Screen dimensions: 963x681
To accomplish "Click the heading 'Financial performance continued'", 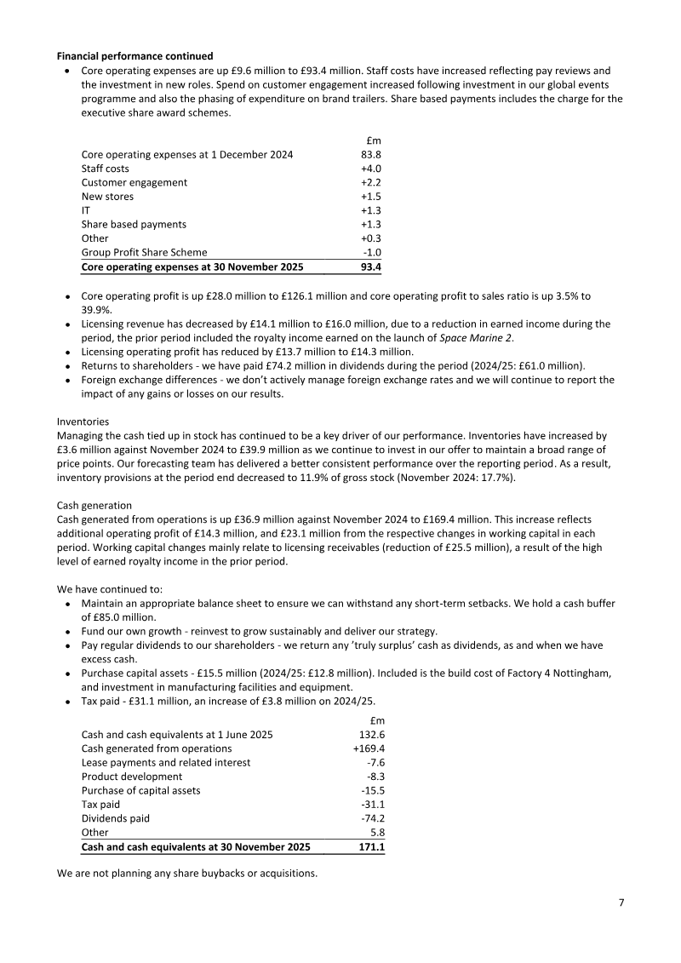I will pos(134,57).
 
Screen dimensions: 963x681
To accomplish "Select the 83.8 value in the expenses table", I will pos(370,155).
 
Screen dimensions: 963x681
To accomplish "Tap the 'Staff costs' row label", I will pos(106,169).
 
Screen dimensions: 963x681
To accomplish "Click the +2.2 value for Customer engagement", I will pos(370,182).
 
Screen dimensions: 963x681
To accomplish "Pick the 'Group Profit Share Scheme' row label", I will pos(144,252).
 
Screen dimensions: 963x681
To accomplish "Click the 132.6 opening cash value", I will pos(371,735).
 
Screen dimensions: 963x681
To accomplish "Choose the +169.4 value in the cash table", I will pos(369,748).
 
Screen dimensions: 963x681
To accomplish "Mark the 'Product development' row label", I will pos(132,777).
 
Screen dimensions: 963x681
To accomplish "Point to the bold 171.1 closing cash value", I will pos(371,847).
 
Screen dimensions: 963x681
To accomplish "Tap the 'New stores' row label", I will pos(107,197).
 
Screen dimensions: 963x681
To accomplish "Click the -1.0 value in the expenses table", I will pos(372,252).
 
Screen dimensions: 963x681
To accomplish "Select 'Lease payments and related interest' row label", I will pos(166,763).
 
